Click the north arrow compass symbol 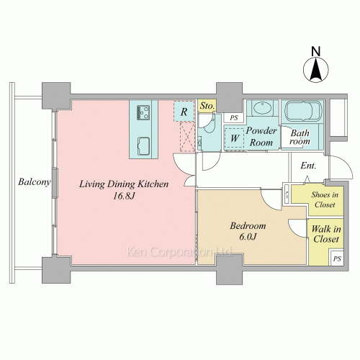coord(316,70)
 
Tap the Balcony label coord(35,181)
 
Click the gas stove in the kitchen coord(143,112)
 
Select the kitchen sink coord(143,146)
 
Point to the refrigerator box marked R coord(184,112)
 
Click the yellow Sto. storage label coord(207,106)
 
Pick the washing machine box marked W coord(234,138)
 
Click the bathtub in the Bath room coord(303,111)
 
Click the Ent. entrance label coord(308,166)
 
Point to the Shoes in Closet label coord(325,199)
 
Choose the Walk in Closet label coord(326,234)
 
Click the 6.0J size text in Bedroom coord(248,237)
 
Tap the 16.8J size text coord(124,197)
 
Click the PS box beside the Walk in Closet coord(337,258)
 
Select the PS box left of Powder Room coord(234,117)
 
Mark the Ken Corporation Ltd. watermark coord(179,252)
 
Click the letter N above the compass coord(316,51)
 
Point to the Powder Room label coord(261,137)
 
